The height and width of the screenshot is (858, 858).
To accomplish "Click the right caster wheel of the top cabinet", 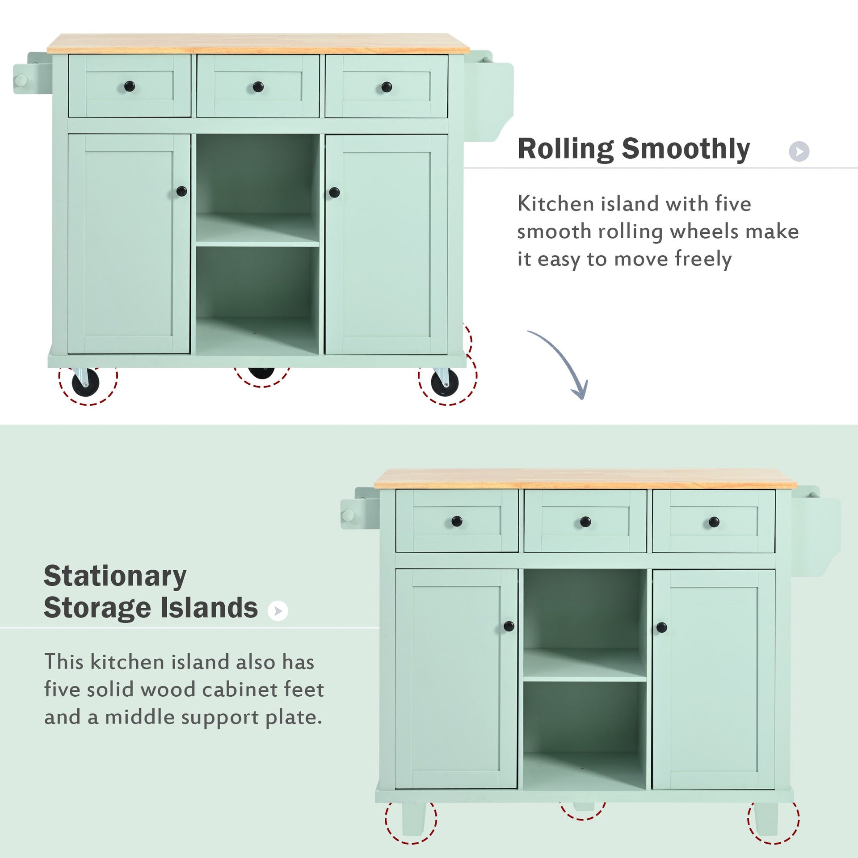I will tap(444, 383).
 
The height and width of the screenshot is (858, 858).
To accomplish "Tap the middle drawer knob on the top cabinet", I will tap(258, 87).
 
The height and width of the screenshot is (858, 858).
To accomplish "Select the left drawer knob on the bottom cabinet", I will tap(457, 521).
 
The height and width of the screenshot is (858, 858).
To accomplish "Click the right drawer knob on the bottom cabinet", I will tap(714, 522).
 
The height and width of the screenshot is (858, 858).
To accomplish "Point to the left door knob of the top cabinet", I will tap(181, 192).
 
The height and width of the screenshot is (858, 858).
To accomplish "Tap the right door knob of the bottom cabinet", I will tap(662, 627).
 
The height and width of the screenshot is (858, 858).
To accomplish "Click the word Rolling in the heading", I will tap(566, 149).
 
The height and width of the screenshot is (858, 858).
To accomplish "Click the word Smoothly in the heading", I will tap(686, 149).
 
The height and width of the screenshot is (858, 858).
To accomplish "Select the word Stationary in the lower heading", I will tap(115, 576).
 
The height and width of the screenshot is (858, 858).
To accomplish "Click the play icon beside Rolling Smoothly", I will tap(799, 151).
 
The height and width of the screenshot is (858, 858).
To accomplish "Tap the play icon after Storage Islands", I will tap(278, 611).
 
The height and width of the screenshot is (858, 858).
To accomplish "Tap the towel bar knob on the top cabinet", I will tap(20, 81).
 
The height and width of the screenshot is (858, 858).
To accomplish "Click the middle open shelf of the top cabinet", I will tap(258, 230).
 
